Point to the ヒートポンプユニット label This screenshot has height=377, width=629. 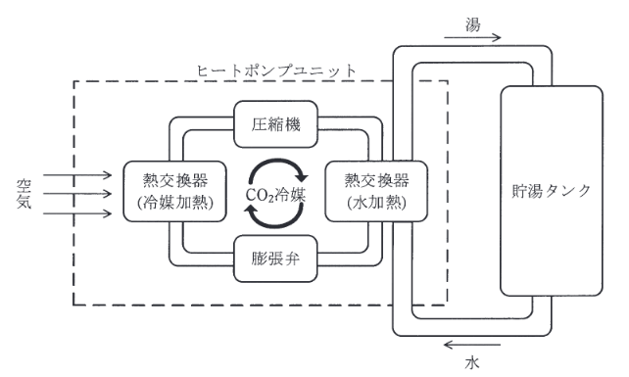coord(276,71)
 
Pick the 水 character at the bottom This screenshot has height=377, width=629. coord(472,362)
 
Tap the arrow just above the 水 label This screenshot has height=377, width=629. coord(473,344)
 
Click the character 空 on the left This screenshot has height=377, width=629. coord(24,182)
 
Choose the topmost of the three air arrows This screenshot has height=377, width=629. coord(79,176)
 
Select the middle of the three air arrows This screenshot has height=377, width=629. coord(79,192)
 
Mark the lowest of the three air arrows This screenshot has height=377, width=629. coord(79,208)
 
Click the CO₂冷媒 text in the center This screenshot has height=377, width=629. coord(275,194)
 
